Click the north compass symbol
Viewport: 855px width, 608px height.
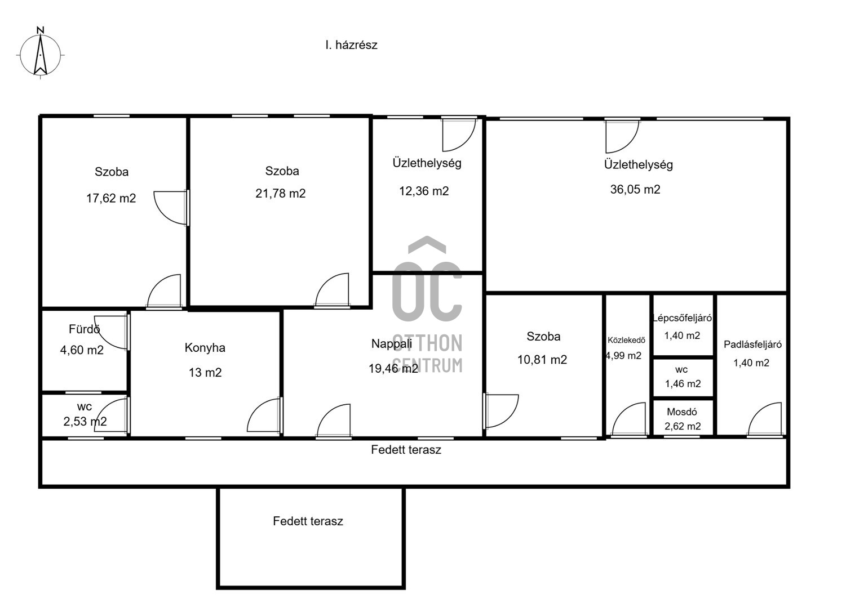tap(41, 53)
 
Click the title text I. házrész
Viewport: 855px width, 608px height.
tap(351, 45)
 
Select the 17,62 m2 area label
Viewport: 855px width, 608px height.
tap(111, 198)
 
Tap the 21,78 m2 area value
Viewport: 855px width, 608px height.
tap(281, 194)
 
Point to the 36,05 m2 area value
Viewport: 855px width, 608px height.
tap(635, 190)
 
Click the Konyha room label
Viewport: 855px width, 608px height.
tap(205, 348)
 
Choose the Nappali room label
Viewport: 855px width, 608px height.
tap(392, 344)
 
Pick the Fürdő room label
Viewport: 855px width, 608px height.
tap(85, 329)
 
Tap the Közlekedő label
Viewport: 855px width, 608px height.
tap(626, 340)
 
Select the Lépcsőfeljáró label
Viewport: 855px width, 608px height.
tap(682, 318)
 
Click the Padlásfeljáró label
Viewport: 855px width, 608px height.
tap(753, 345)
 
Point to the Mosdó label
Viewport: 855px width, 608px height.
tap(682, 412)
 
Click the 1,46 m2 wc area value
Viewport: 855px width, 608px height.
tap(683, 383)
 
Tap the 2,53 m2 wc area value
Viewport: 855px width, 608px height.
tap(85, 421)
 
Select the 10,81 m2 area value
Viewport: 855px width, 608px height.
tap(542, 360)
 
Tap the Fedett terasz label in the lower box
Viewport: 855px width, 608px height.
tap(308, 521)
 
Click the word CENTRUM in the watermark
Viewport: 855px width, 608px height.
tap(427, 365)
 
